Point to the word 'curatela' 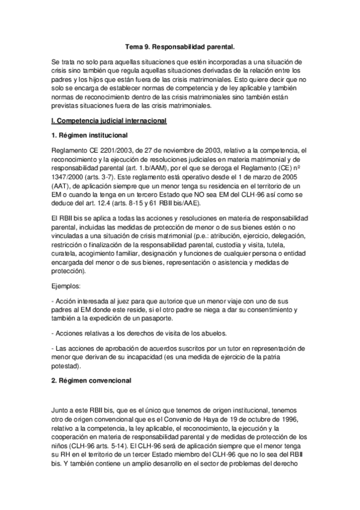[66, 253]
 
